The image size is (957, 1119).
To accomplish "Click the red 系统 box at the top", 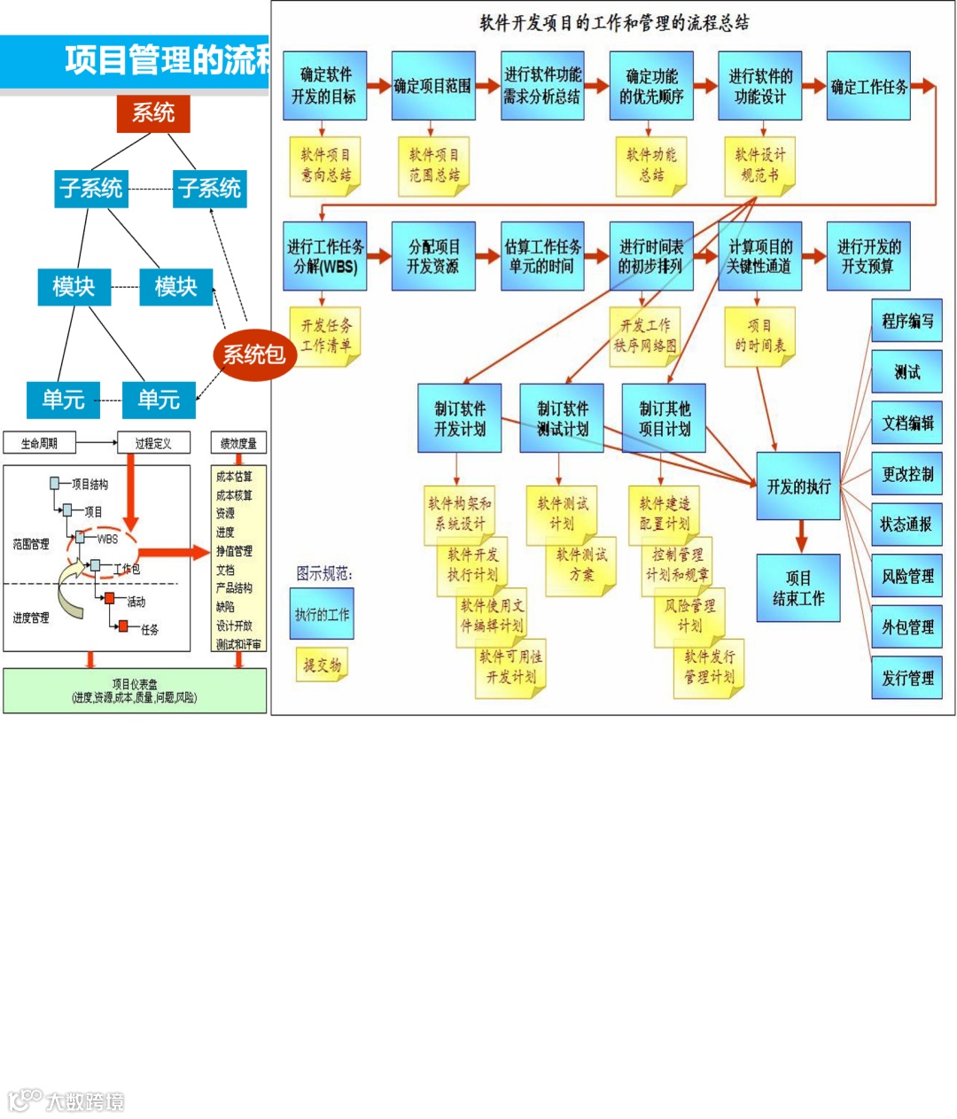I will coord(153,113).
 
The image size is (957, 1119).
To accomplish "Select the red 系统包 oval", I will coord(253,354).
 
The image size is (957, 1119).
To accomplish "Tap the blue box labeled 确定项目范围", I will coord(432,86).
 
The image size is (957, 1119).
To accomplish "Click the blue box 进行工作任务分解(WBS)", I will coord(325,256).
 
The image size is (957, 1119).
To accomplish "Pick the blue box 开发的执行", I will coord(798,486).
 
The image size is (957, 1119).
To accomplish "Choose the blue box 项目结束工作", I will coord(798,588).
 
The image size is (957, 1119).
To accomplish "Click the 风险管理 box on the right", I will coord(906,576).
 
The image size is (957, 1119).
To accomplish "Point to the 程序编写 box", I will coord(906,321).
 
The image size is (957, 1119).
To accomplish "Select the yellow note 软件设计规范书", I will coord(759,165).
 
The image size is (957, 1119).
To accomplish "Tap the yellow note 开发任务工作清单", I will coord(325,336).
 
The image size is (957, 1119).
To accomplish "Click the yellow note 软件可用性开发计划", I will coord(510,667).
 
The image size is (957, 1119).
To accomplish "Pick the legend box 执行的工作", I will coord(322,614).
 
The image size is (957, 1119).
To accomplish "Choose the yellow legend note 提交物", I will coord(322,664).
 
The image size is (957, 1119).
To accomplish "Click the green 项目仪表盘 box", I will coord(135,690).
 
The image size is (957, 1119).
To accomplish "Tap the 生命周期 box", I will coord(39,443).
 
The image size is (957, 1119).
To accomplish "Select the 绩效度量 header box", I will coord(238,443).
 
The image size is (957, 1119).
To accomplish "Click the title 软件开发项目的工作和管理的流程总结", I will coord(614,23).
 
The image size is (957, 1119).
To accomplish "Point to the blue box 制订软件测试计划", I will coord(562,418).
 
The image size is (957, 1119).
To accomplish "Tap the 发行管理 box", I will coord(906,678).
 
